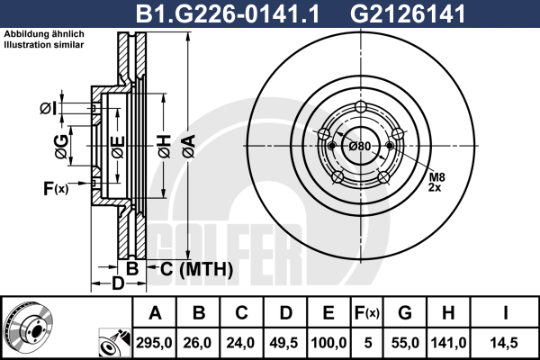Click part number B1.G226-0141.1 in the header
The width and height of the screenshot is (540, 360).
point(228,13)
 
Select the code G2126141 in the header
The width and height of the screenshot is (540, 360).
point(408,13)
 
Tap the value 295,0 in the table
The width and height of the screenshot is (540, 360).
point(154,343)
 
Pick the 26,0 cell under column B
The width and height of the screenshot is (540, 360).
point(197,343)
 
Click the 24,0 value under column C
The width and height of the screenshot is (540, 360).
point(240,343)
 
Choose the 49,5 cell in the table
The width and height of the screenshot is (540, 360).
point(283,343)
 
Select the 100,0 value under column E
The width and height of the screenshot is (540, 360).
point(328,343)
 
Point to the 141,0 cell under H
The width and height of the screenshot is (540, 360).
point(448,343)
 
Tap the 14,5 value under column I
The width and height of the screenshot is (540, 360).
point(504,343)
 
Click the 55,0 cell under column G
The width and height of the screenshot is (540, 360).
point(405,343)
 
